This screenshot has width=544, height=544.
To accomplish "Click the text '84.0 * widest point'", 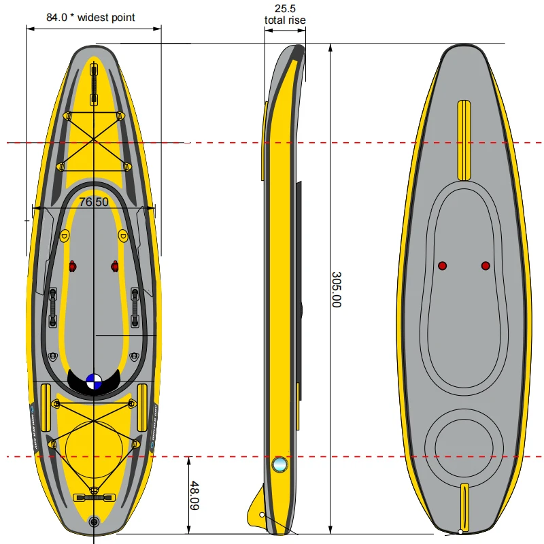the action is tap(90, 17).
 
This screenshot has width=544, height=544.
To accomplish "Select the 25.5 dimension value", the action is tap(284, 9).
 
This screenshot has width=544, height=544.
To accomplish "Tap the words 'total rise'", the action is tap(285, 20).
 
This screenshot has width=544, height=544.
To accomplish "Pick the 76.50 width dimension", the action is tap(93, 202).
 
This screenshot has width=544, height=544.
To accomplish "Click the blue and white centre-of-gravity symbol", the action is tap(94, 382).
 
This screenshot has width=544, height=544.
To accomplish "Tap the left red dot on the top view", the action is tap(73, 266).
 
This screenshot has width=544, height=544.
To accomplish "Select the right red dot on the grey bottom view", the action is tap(486, 265).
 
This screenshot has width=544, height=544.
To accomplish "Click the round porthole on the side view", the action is tap(279, 464).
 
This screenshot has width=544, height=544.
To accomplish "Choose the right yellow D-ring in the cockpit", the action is tap(122, 236).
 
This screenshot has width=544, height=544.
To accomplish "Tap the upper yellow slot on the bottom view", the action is tap(464, 139).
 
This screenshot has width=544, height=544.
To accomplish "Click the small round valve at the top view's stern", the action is tap(94, 522).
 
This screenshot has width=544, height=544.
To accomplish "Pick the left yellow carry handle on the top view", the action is tap(46, 407).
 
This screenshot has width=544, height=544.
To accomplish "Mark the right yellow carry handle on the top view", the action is tap(142, 407).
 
